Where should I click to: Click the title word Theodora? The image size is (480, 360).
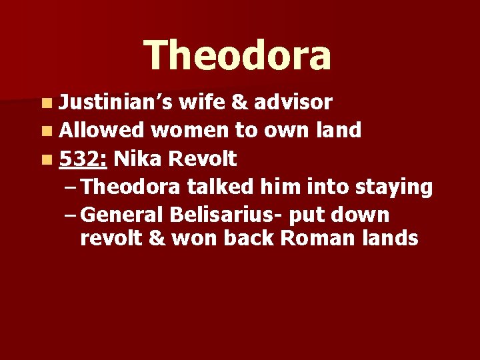(x=237, y=55)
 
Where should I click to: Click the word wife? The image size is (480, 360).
(x=202, y=101)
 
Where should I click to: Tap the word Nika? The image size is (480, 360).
(x=137, y=159)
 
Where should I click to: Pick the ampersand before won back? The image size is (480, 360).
(x=157, y=238)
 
